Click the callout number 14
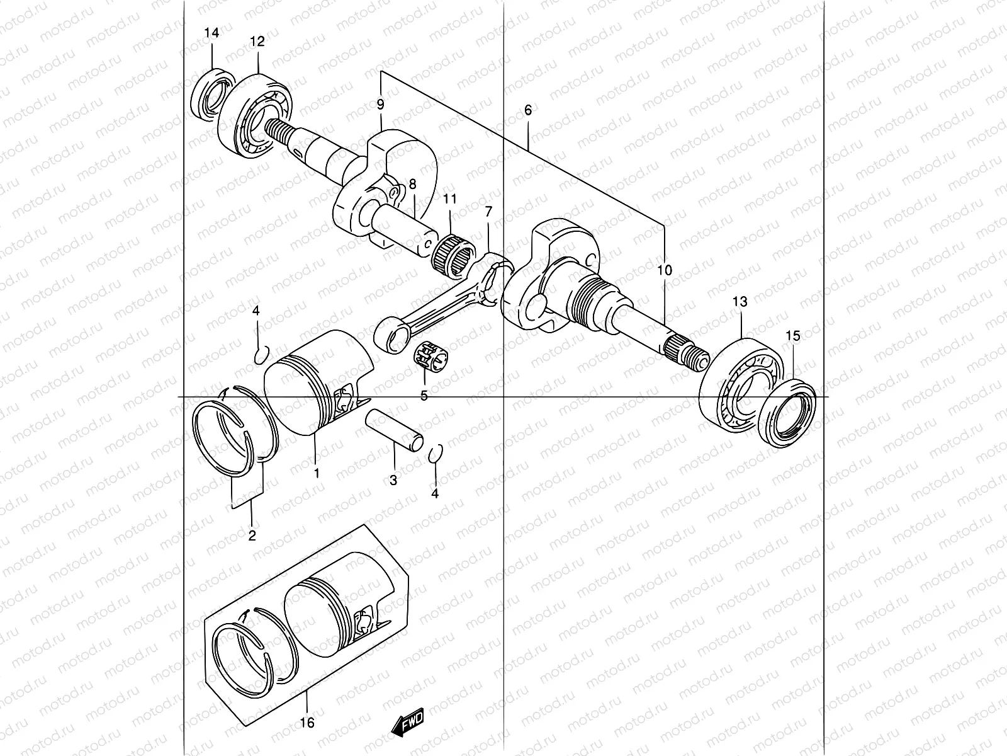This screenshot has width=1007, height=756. coord(212,33)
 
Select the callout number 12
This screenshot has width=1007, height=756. coord(257,42)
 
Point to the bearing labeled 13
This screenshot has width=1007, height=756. coord(740,387)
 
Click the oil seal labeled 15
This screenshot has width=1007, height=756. coord(787,412)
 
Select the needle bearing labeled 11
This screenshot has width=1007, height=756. coord(451,252)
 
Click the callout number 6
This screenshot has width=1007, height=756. coord(527,110)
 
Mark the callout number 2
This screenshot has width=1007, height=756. coord(252,536)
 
